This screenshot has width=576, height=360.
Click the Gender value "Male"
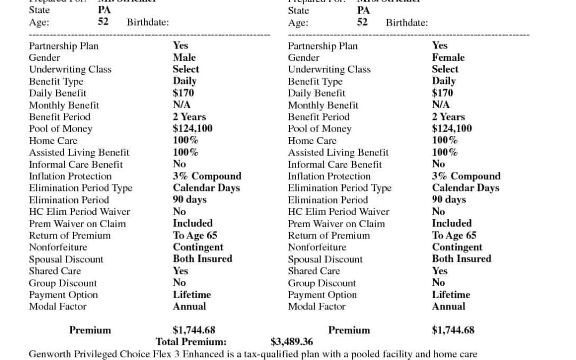pos(184,58)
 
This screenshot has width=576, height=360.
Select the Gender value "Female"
pos(448,58)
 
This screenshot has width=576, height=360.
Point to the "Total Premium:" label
pos(191,342)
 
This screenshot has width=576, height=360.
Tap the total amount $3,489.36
pos(292,342)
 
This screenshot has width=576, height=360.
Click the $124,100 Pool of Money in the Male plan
pos(193,129)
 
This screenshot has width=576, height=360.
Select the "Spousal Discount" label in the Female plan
pos(325,259)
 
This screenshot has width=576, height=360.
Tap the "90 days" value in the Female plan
pos(449,199)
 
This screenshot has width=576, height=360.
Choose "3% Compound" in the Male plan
pos(207,176)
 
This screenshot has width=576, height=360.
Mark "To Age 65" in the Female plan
pos(454,235)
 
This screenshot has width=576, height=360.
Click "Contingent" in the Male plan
pos(198,247)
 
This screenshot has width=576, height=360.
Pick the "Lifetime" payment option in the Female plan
pos(451,294)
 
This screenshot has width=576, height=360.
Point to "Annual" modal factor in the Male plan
pos(189,306)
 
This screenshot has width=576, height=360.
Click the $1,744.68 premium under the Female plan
pos(453,330)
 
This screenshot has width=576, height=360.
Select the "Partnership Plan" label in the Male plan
pos(63,46)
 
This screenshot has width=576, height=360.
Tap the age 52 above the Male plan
pos(103,22)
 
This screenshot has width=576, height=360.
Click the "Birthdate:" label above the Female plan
pos(406,23)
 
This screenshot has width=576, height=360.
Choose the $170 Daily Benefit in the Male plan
pos(183,93)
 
